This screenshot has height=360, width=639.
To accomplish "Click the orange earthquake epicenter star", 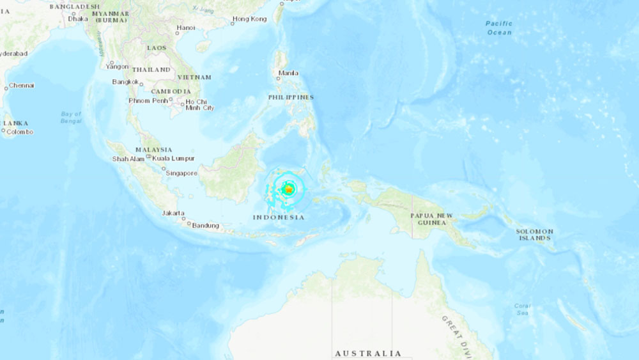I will tap(289, 189).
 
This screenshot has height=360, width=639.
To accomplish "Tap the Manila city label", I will tap(288, 73).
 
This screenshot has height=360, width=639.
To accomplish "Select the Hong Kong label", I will tap(249, 19).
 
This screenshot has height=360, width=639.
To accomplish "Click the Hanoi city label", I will tap(185, 28).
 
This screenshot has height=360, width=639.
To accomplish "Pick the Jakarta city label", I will tap(173, 213).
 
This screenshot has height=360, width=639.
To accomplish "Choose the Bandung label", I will tap(206, 226).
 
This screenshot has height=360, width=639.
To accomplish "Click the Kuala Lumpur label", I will tap(174, 159).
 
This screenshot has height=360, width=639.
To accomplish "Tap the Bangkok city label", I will tap(125, 82).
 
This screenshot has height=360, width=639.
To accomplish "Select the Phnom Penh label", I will tap(148, 101).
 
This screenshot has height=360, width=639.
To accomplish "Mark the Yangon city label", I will tap(118, 67).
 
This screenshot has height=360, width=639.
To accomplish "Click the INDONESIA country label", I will tap(279, 217).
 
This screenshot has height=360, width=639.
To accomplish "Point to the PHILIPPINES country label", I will tap(291, 97).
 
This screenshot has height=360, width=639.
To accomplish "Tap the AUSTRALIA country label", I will tap(368, 354).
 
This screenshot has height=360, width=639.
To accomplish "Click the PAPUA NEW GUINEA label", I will tap(432, 219).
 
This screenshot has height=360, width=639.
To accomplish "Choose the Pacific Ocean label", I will tap(499, 27).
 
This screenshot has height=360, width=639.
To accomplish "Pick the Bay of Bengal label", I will tap(71, 118).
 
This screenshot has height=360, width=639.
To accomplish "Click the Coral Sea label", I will tap(522, 309).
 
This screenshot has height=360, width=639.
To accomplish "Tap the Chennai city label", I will tap(22, 86).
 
